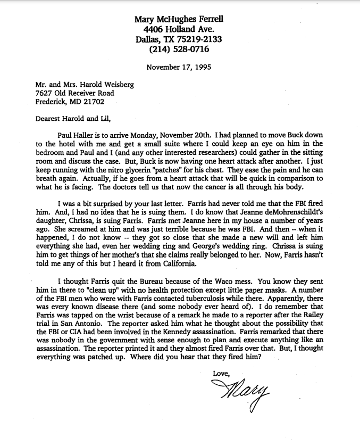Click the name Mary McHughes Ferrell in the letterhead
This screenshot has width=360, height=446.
pyautogui.click(x=179, y=19)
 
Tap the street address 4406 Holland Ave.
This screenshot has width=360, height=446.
pyautogui.click(x=179, y=29)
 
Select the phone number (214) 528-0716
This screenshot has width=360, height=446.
pyautogui.click(x=179, y=49)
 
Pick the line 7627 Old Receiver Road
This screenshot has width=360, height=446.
pyautogui.click(x=72, y=93)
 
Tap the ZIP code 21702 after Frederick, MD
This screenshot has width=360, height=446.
pyautogui.click(x=94, y=102)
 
